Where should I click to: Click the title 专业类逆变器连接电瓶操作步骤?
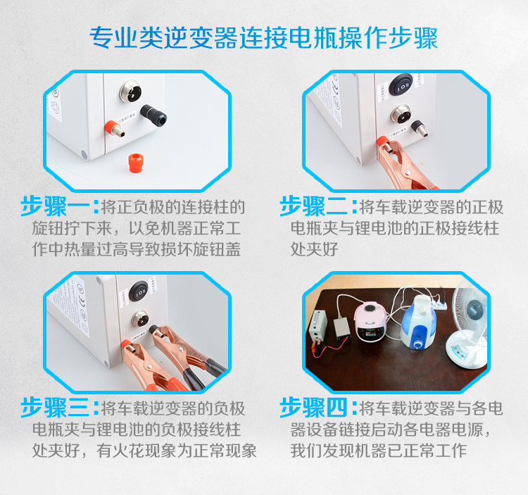coord(264,38)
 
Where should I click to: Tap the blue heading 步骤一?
coord(55,206)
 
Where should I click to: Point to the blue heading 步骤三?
coord(55,408)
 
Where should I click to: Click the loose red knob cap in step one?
coord(136,163)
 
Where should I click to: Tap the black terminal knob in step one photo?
coord(153,115)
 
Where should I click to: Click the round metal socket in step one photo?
coord(130,92)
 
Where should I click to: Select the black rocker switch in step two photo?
coord(401,84)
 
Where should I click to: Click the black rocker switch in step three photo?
coord(139,291)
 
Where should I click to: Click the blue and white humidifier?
coord(418,323)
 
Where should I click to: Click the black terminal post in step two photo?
coord(420,128)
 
